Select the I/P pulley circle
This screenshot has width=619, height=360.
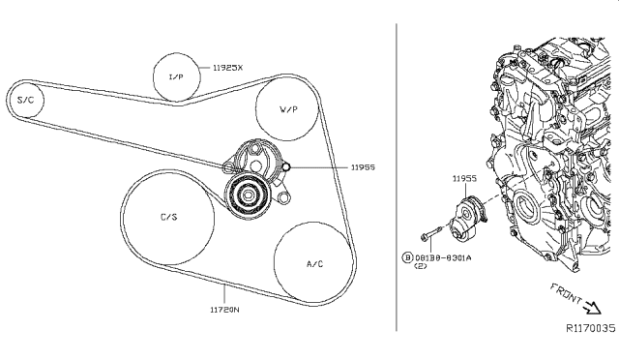(x=177, y=75)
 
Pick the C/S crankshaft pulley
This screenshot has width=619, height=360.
(x=168, y=218)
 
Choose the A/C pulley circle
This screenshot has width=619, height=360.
(x=313, y=262)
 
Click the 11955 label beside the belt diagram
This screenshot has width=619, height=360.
(x=363, y=167)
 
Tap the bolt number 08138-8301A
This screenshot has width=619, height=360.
(x=444, y=257)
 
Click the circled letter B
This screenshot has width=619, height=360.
(x=407, y=257)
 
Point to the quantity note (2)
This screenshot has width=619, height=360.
(x=421, y=268)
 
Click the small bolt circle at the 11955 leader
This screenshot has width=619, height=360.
(x=287, y=167)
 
